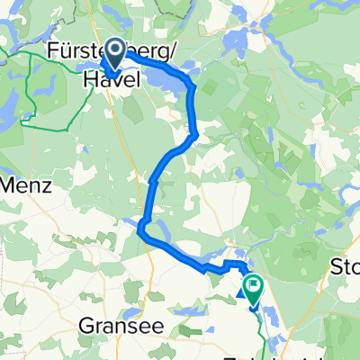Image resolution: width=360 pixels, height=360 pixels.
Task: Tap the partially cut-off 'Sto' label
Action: [346, 267]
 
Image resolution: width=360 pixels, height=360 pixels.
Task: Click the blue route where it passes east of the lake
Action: [193, 99]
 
